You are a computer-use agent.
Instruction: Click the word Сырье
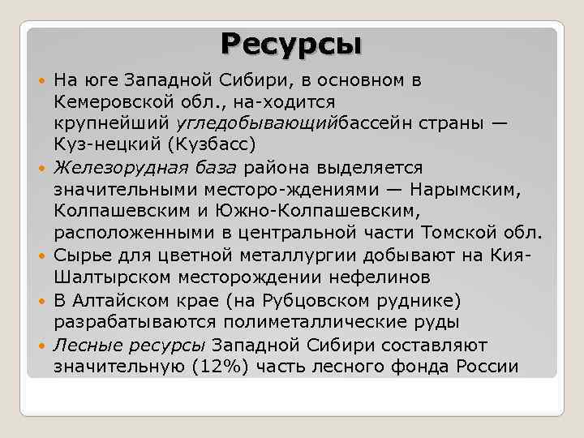[80, 255]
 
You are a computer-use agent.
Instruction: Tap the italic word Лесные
[85, 344]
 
